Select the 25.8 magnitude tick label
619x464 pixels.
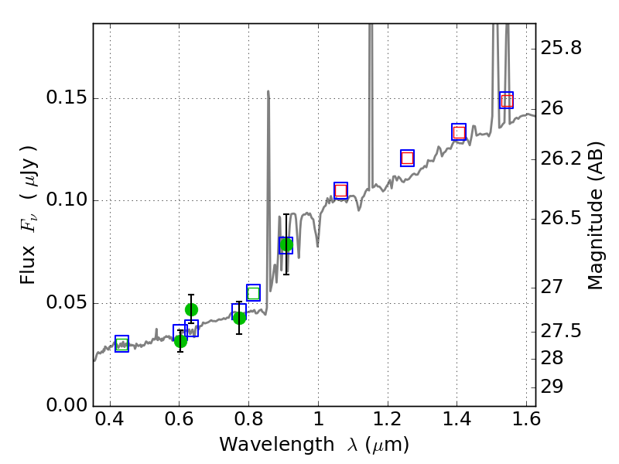click(x=562, y=49)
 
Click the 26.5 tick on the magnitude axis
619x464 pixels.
click(x=562, y=218)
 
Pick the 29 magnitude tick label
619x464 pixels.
click(x=556, y=387)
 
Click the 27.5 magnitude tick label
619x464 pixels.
click(x=562, y=332)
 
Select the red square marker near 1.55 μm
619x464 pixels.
click(x=506, y=101)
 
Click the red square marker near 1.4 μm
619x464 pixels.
click(x=459, y=132)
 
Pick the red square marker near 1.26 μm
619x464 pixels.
click(x=407, y=158)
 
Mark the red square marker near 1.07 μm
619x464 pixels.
click(x=340, y=190)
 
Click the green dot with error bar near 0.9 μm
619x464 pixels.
click(x=286, y=245)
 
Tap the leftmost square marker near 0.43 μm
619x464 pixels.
click(x=121, y=344)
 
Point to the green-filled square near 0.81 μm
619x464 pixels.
click(x=253, y=292)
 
